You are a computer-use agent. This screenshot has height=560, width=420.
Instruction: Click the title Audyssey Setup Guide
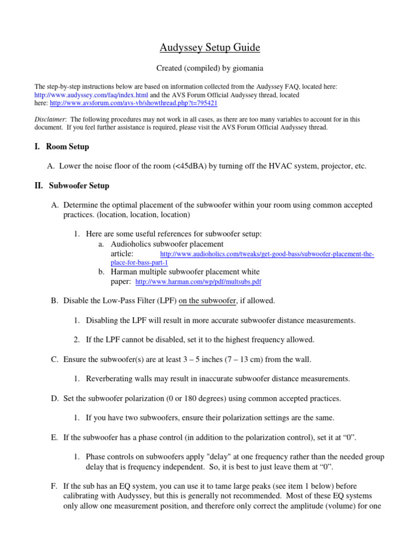[210, 48]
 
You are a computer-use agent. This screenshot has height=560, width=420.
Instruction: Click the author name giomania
[247, 68]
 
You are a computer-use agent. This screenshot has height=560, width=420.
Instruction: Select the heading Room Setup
[67, 147]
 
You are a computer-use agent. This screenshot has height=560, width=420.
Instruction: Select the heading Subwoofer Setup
[79, 185]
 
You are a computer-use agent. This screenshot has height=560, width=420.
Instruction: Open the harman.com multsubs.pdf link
[198, 282]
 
